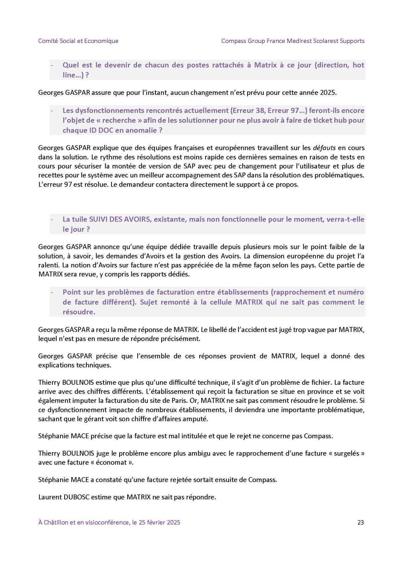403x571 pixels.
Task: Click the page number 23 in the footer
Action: [361, 522]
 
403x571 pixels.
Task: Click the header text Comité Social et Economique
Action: [78, 41]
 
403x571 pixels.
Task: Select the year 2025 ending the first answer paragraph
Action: [328, 92]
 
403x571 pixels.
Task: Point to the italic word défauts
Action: [324, 148]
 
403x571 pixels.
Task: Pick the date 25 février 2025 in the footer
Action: [159, 522]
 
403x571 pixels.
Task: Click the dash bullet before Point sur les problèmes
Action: [52, 292]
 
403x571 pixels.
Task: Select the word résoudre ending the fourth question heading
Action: [79, 312]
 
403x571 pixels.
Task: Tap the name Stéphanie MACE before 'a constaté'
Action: [63, 480]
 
